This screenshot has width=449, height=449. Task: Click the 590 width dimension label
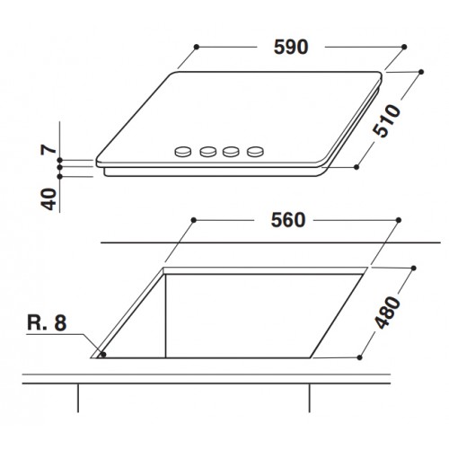[x=291, y=47]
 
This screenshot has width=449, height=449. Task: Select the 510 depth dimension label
[x=386, y=120]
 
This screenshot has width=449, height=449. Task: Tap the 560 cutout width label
[x=288, y=220]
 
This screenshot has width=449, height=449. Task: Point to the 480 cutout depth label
[x=387, y=313]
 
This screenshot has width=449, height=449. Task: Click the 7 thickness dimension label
[x=48, y=149]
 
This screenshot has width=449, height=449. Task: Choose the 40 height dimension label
[x=48, y=199]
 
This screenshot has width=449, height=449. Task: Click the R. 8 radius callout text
[x=47, y=323]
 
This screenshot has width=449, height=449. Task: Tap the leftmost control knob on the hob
[x=182, y=152]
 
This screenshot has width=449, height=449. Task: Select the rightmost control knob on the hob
[x=255, y=152]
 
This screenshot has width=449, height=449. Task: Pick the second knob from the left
[x=208, y=152]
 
